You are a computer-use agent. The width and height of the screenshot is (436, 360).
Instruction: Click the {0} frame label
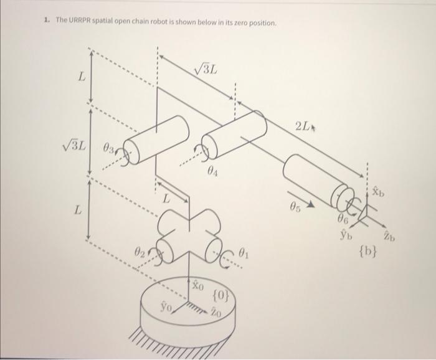click(x=222, y=293)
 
